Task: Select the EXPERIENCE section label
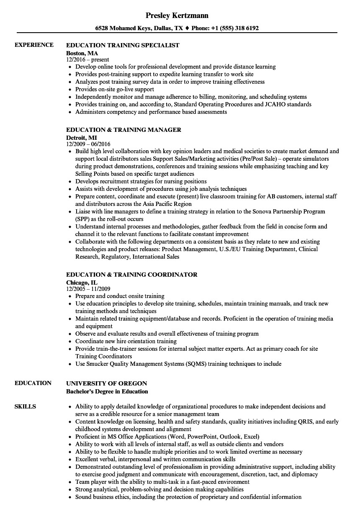click(x=34, y=45)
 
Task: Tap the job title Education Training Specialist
click(x=123, y=45)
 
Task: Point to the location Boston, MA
click(x=82, y=53)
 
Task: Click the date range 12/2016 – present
click(x=87, y=60)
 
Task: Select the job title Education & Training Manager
click(x=123, y=130)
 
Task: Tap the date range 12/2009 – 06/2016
click(x=88, y=144)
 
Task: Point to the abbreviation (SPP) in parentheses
click(x=82, y=219)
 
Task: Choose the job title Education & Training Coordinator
click(x=132, y=275)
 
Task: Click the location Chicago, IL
click(x=82, y=283)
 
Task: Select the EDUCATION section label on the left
click(x=33, y=383)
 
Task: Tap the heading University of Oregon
click(x=107, y=383)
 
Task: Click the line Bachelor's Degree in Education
click(x=107, y=392)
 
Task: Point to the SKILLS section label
click(x=25, y=406)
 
